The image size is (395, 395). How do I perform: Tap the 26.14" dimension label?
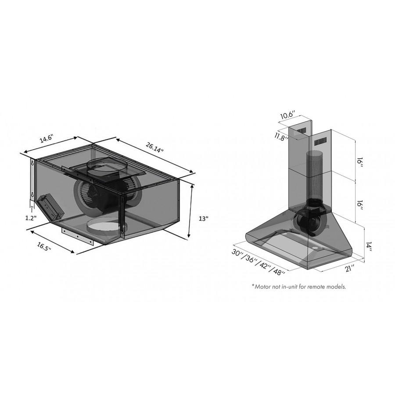pyautogui.click(x=154, y=147)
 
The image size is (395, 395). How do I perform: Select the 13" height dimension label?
pyautogui.click(x=203, y=219)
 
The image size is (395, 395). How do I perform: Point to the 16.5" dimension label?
pyautogui.click(x=44, y=247)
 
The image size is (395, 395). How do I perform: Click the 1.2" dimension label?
pyautogui.click(x=31, y=218)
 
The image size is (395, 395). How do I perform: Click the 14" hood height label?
pyautogui.click(x=369, y=248)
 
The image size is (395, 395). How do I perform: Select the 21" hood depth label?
pyautogui.click(x=350, y=268)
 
